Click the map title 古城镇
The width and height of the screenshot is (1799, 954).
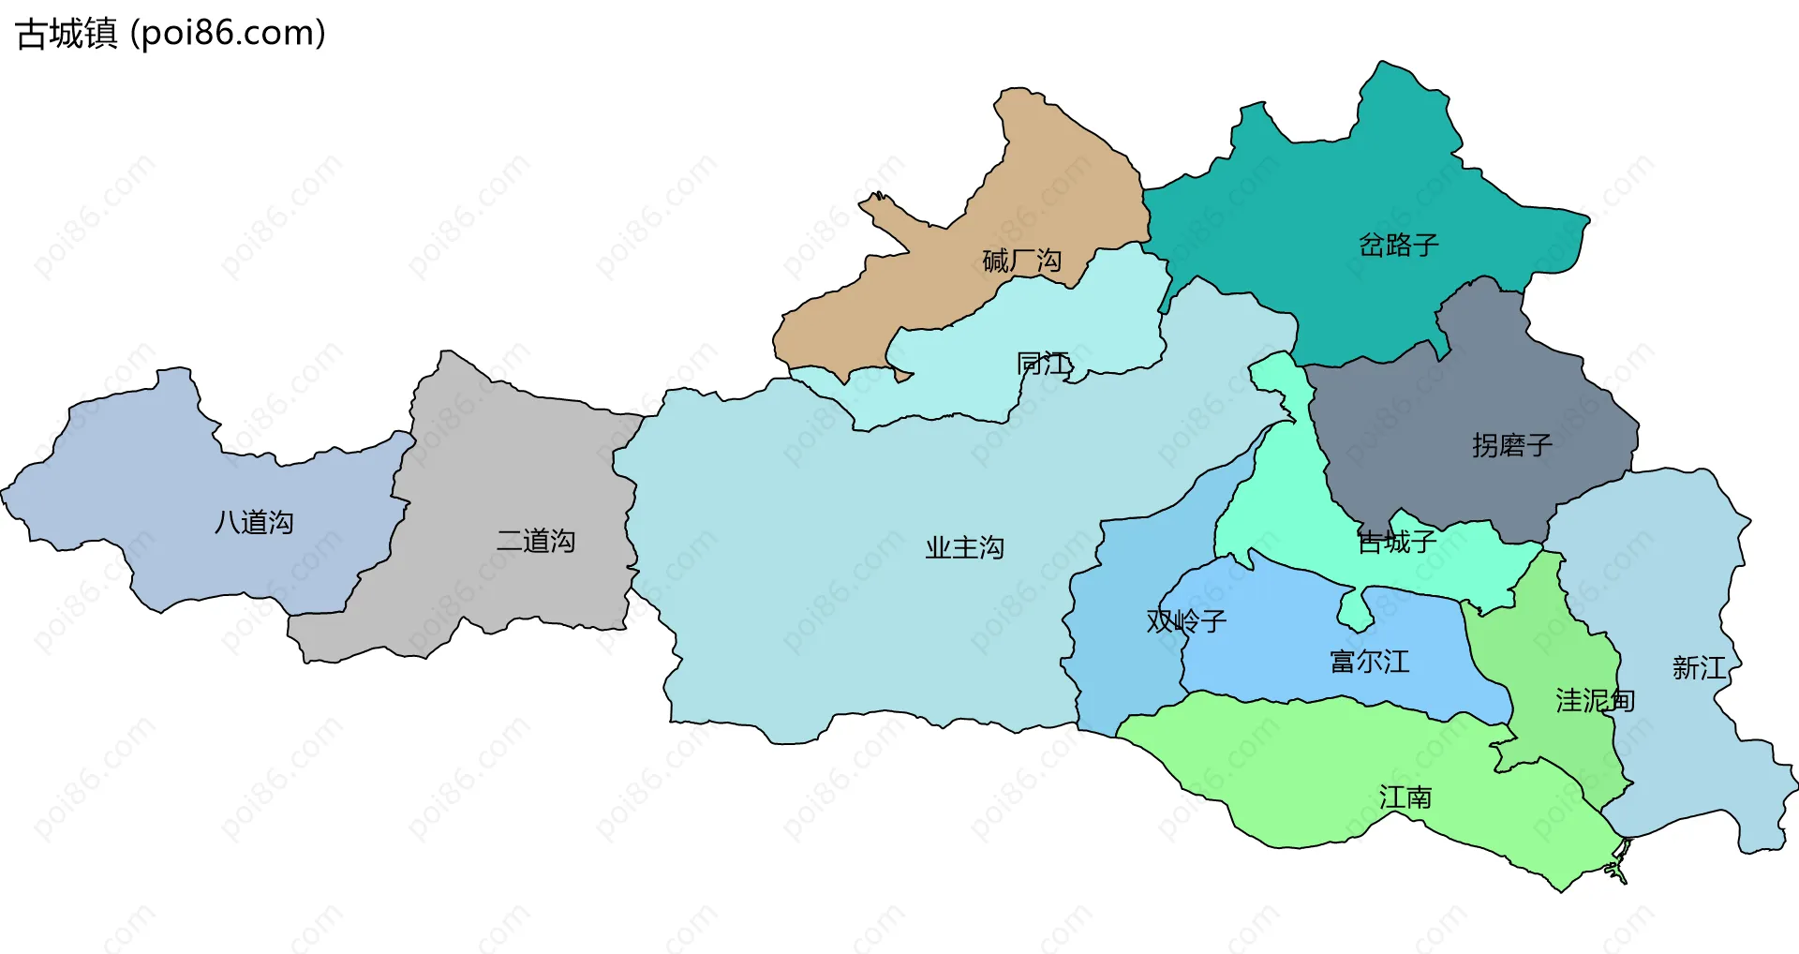tap(67, 34)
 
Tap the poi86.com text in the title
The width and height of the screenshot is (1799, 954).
tap(229, 34)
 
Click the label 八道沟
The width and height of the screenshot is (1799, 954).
tap(254, 522)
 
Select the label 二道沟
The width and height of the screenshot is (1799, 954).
tap(535, 541)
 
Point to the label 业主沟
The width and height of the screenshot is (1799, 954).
tap(964, 547)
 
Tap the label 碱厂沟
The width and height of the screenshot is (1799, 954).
tap(1021, 261)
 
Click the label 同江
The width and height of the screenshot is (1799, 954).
tap(1044, 364)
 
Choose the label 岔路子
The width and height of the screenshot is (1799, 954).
tap(1398, 246)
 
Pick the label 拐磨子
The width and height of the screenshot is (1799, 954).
tap(1511, 445)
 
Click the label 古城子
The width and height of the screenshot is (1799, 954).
tap(1396, 542)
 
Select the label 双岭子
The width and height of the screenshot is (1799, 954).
tap(1186, 621)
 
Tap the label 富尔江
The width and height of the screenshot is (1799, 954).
tap(1369, 663)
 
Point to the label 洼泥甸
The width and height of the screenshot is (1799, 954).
tap(1595, 701)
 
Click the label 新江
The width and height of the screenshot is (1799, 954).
tap(1698, 668)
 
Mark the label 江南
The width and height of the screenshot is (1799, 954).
tap(1405, 797)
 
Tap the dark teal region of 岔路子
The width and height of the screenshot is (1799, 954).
tap(1312, 187)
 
